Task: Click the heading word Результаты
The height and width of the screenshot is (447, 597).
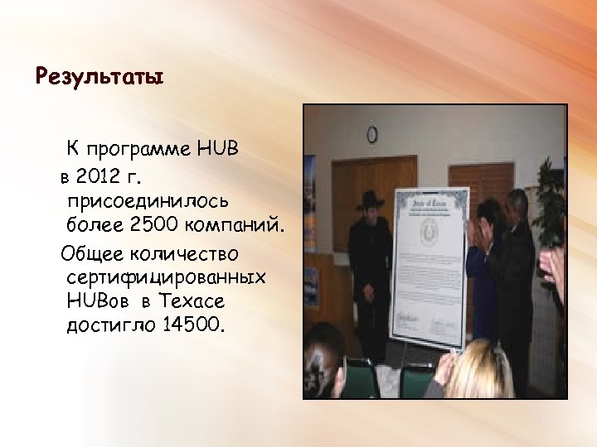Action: (x=99, y=78)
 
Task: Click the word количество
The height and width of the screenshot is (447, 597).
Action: (x=190, y=251)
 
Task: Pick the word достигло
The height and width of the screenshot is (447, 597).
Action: (x=112, y=324)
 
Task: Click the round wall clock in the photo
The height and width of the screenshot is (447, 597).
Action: (x=372, y=133)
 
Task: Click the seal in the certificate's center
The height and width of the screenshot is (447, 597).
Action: (x=432, y=233)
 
